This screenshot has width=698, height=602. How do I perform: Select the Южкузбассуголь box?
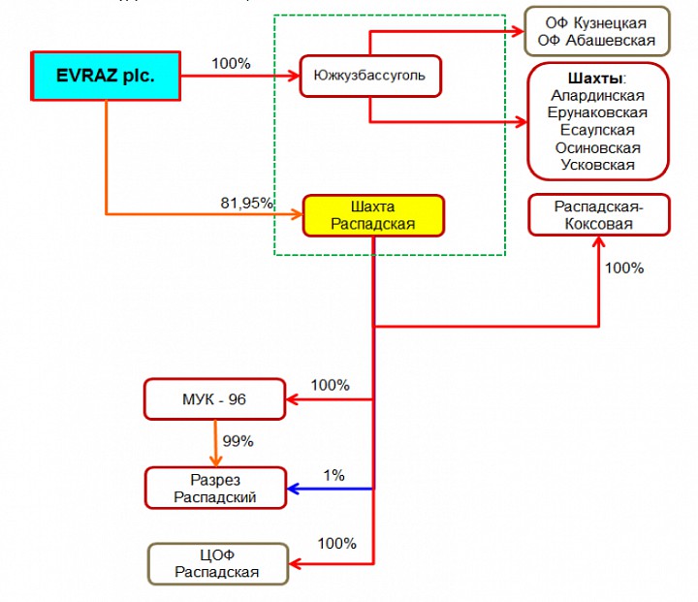pos(370,76)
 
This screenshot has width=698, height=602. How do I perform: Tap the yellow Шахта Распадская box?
pos(373,215)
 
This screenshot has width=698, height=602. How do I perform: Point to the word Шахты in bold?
pos(594,78)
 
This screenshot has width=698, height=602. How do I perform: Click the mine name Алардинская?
pos(597,95)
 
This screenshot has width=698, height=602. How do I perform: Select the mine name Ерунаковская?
pos(597,112)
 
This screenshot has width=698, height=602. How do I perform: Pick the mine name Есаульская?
pos(597,130)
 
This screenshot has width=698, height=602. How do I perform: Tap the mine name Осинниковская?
pos(597,147)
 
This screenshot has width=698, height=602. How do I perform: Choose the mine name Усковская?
pos(597,165)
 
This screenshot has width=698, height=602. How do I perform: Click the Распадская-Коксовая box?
pos(598,215)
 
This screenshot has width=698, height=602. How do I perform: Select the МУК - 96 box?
pos(215,399)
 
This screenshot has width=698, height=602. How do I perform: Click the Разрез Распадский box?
pos(215,489)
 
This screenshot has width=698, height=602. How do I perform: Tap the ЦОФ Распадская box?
pos(217,563)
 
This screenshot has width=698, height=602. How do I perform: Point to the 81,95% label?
pos(247,203)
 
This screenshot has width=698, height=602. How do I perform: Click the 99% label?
pos(238,441)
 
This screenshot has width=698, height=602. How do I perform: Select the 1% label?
pos(333,475)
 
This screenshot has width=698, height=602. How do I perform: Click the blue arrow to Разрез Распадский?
pos(330,489)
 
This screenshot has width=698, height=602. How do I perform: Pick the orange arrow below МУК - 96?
pos(215,443)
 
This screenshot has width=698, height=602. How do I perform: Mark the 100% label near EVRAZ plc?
pos(231,64)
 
